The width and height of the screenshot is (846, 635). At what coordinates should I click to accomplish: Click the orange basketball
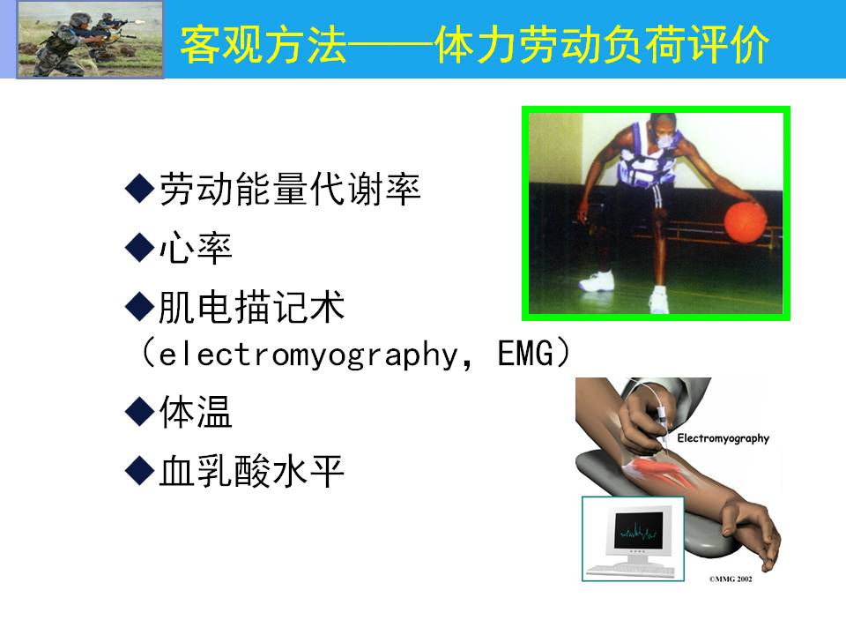pyautogui.click(x=746, y=221)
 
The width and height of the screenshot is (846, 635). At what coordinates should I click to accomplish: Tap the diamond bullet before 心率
pyautogui.click(x=140, y=247)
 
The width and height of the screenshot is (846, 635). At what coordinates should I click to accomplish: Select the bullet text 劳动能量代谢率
pyautogui.click(x=290, y=189)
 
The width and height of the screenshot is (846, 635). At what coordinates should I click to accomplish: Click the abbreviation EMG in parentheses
pyautogui.click(x=525, y=354)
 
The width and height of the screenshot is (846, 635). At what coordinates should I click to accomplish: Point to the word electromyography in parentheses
pyautogui.click(x=308, y=355)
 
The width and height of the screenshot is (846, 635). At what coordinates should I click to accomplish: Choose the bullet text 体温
pyautogui.click(x=196, y=412)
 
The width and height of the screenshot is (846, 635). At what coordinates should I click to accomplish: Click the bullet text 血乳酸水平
pyautogui.click(x=251, y=471)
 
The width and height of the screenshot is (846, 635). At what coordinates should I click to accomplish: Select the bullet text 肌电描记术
pyautogui.click(x=251, y=307)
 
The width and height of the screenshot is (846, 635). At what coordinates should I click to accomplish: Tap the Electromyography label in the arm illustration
pyautogui.click(x=723, y=438)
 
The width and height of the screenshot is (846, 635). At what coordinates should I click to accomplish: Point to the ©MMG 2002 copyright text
pyautogui.click(x=731, y=579)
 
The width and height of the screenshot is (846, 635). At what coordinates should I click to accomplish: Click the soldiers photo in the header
pyautogui.click(x=90, y=40)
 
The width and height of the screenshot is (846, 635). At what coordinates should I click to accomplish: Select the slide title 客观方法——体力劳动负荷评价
pyautogui.click(x=475, y=45)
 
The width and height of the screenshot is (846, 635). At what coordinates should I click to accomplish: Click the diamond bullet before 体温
pyautogui.click(x=140, y=412)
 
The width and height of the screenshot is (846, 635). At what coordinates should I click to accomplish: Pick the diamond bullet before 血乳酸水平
pyautogui.click(x=140, y=470)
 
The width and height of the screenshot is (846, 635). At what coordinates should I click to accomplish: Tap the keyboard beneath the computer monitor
pyautogui.click(x=631, y=570)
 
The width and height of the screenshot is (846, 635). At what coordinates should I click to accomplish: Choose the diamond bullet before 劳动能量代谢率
pyautogui.click(x=140, y=189)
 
